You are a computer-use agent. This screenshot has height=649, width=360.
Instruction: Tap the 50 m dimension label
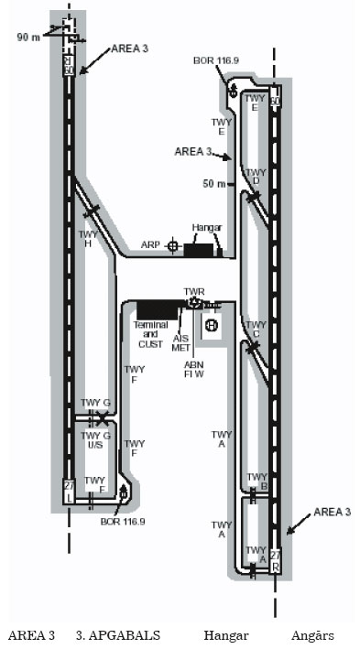213,184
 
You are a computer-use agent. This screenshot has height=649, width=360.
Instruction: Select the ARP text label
151,245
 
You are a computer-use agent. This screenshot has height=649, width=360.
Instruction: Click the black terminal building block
157,309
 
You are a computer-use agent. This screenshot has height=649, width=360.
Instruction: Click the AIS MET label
180,342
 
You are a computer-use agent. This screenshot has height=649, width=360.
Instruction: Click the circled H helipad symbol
211,325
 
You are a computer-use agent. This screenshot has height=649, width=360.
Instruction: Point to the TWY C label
256,330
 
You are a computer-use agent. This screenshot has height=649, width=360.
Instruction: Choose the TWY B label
256,481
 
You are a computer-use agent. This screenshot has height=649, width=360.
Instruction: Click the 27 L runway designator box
67,491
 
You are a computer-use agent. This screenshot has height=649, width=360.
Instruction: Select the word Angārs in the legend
311,635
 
